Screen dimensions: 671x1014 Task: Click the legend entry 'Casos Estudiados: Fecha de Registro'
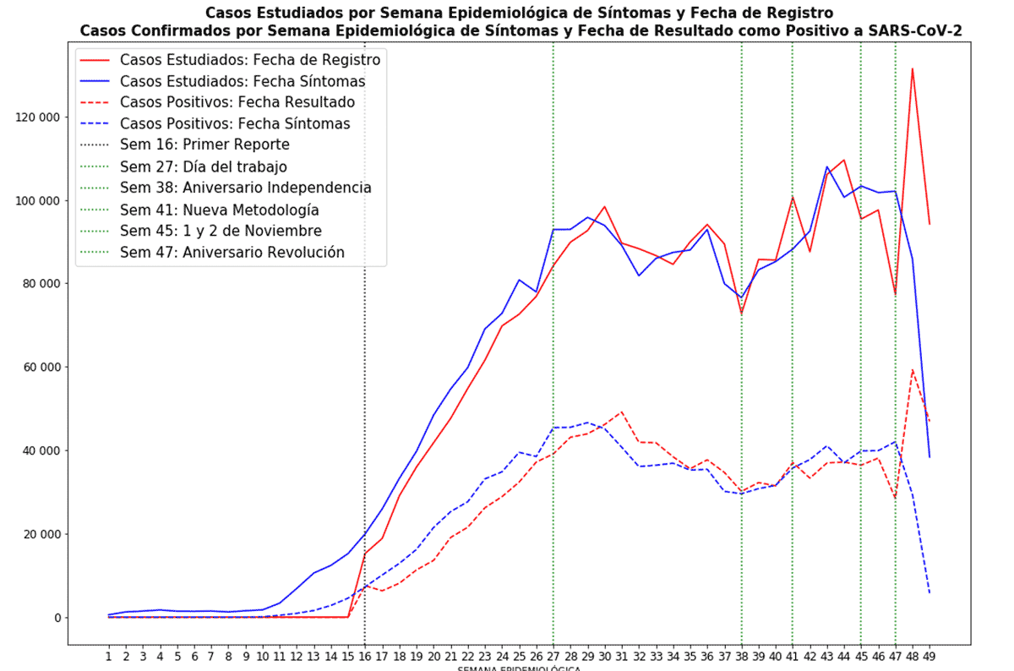250,61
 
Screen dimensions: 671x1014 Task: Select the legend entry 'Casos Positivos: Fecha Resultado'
237,103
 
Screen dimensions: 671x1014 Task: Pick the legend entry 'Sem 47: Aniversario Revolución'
232,252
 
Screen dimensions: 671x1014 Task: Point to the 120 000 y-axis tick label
42,117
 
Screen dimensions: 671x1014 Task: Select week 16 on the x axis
365,656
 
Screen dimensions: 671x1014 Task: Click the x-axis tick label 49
929,656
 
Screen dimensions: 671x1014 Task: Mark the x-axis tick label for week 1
109,656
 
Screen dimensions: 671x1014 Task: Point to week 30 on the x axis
604,656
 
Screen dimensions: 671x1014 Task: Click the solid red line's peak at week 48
913,68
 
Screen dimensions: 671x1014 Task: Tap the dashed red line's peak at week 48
913,370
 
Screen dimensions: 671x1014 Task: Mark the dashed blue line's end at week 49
929,593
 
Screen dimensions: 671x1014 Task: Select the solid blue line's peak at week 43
827,167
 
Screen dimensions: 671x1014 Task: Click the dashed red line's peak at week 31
622,412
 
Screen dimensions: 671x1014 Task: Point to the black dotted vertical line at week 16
365,423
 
